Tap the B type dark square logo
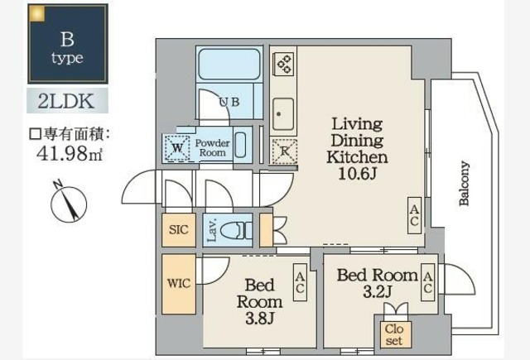[x=68, y=43]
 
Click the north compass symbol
[x=67, y=203]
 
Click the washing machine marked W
[x=177, y=148]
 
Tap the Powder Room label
[x=212, y=148]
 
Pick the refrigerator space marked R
[x=284, y=150]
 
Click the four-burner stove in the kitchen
[x=284, y=65]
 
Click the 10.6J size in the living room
[x=356, y=173]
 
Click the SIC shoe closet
[x=177, y=229]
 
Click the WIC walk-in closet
[x=179, y=283]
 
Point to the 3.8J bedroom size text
[x=259, y=318]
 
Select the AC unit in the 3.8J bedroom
[x=300, y=284]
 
